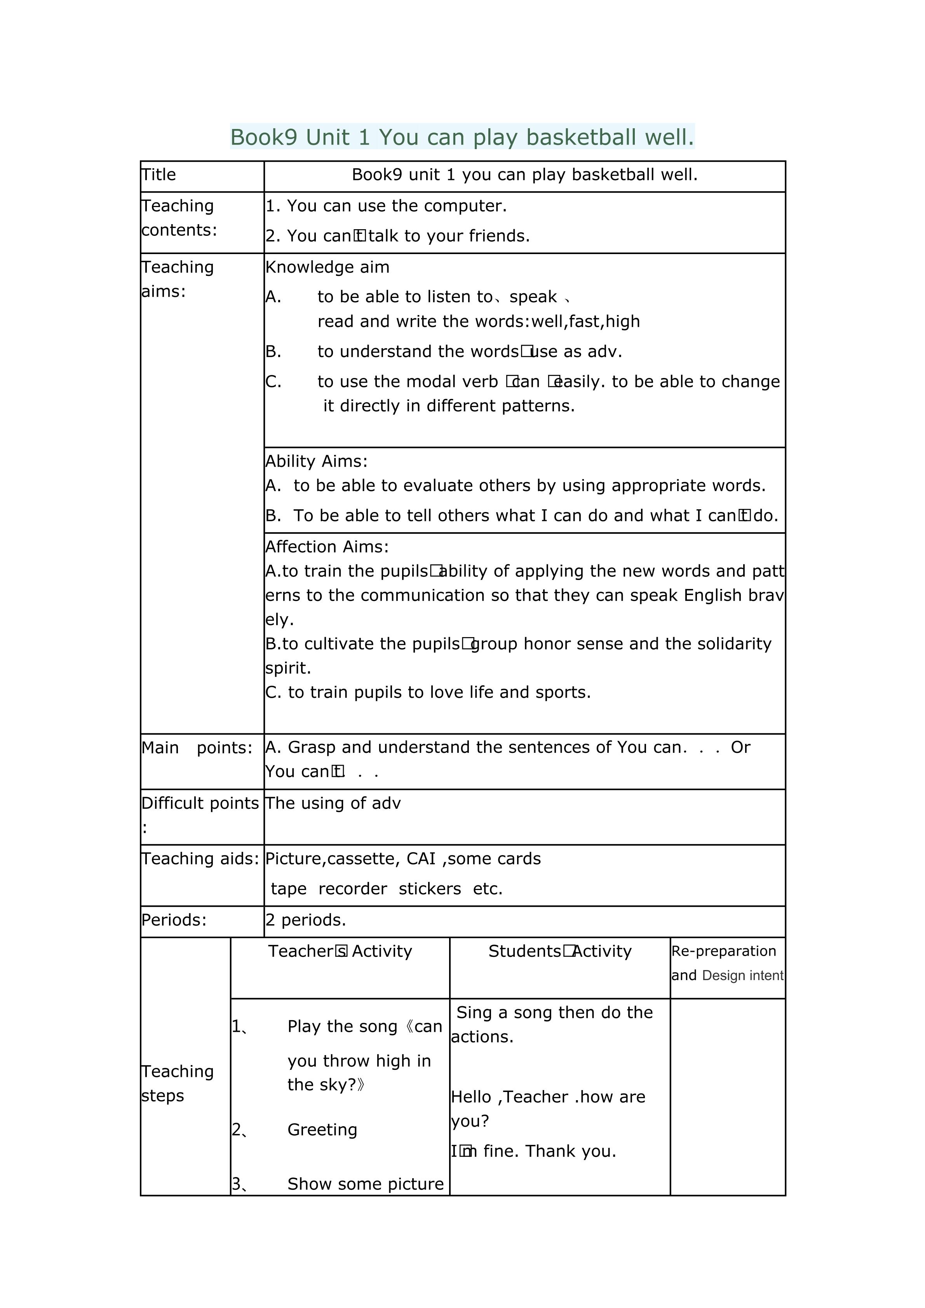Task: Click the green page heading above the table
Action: (462, 137)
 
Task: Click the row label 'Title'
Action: (159, 175)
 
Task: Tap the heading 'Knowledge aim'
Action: (327, 267)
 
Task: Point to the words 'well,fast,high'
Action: (585, 322)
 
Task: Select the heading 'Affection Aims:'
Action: (327, 547)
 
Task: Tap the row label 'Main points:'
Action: (197, 747)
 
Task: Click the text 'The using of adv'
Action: (333, 803)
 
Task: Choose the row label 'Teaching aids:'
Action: (200, 859)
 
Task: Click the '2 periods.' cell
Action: (306, 920)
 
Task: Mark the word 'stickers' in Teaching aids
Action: (429, 889)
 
